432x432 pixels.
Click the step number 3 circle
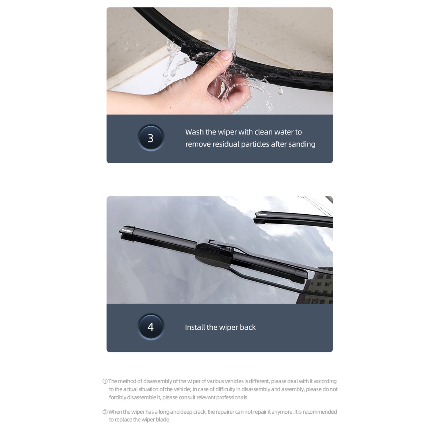(151, 138)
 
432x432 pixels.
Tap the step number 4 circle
(151, 327)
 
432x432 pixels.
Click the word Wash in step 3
(194, 132)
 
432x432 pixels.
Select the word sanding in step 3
(302, 144)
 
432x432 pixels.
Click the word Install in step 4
(195, 327)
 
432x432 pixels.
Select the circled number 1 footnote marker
(105, 382)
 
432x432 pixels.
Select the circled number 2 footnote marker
(105, 412)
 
